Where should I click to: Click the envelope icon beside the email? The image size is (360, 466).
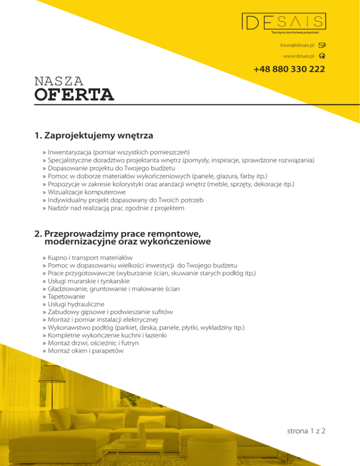point(322,45)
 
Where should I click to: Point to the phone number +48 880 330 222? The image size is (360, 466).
point(289,69)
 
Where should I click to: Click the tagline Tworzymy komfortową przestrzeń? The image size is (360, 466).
point(295,32)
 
